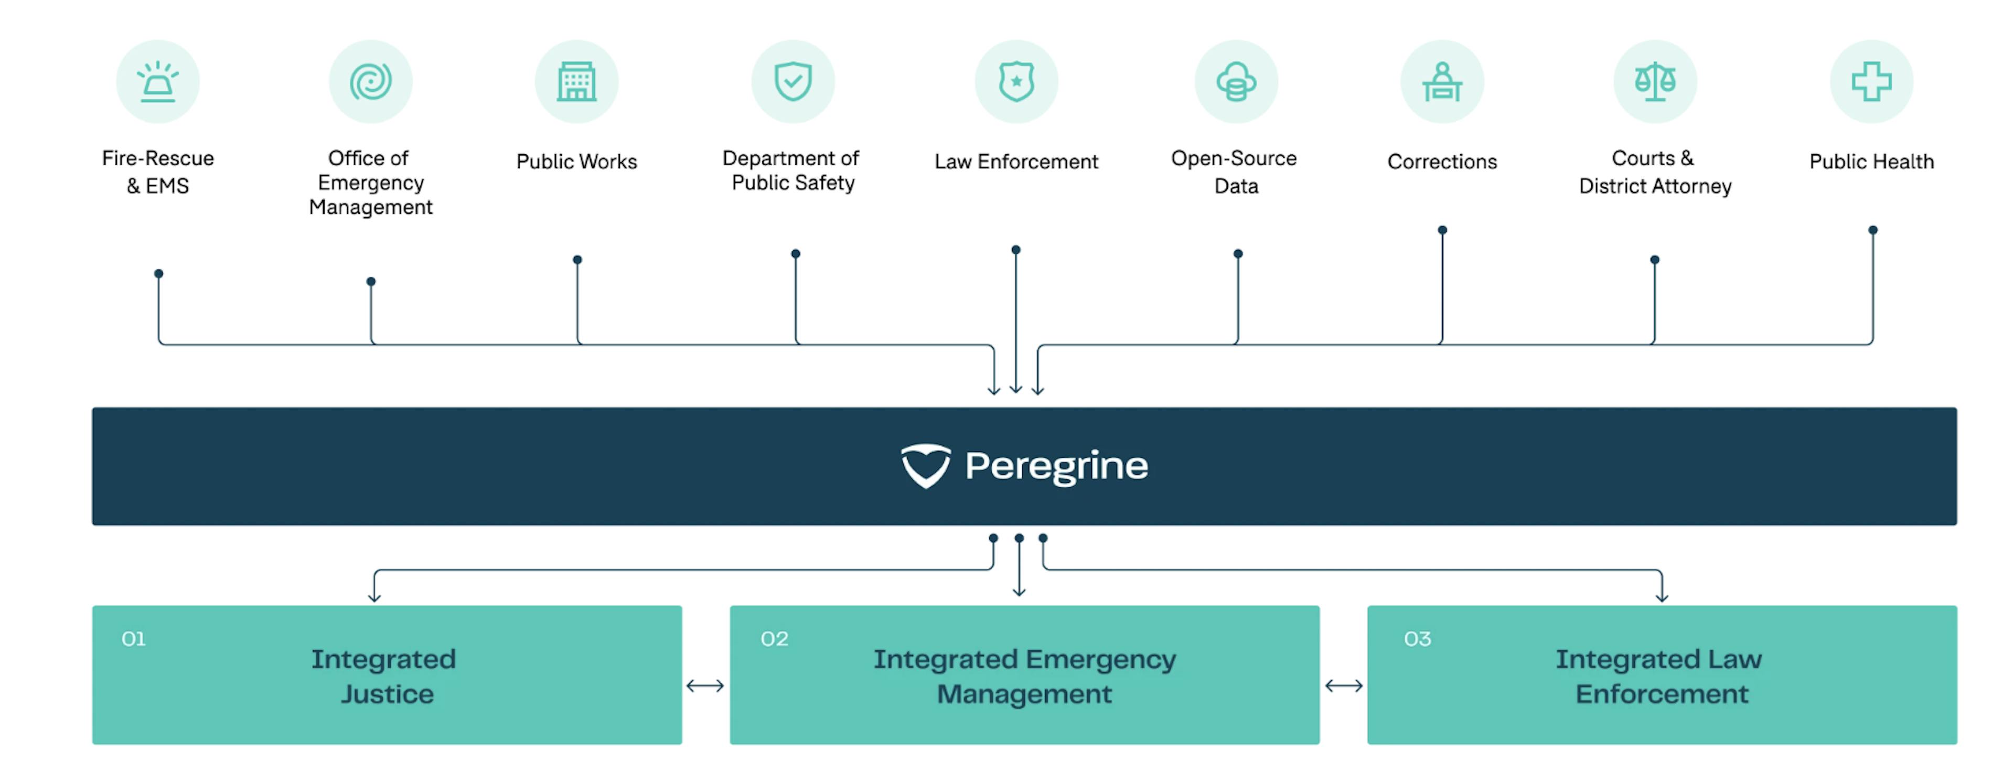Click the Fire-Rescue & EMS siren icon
[158, 82]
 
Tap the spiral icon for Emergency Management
[371, 82]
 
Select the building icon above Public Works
[577, 82]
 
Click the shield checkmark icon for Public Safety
[793, 82]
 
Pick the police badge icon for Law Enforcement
[1016, 82]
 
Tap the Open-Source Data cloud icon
[1236, 82]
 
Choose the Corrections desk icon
[1442, 82]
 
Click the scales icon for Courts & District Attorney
[1655, 82]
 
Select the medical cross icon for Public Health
[1872, 82]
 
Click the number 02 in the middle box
[774, 639]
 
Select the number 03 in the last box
[1418, 639]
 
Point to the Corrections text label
[1442, 162]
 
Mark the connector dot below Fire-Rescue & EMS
[159, 274]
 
